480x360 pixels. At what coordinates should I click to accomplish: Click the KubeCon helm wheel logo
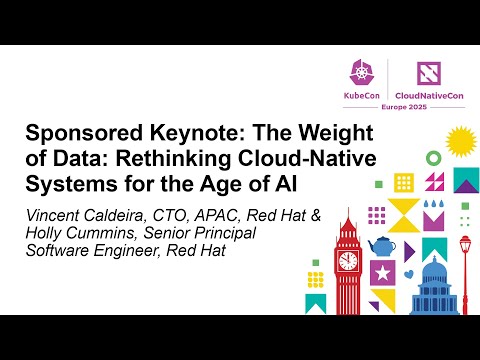[361, 70]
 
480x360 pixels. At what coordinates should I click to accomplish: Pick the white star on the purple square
[381, 272]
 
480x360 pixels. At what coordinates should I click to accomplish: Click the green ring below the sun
[433, 158]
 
